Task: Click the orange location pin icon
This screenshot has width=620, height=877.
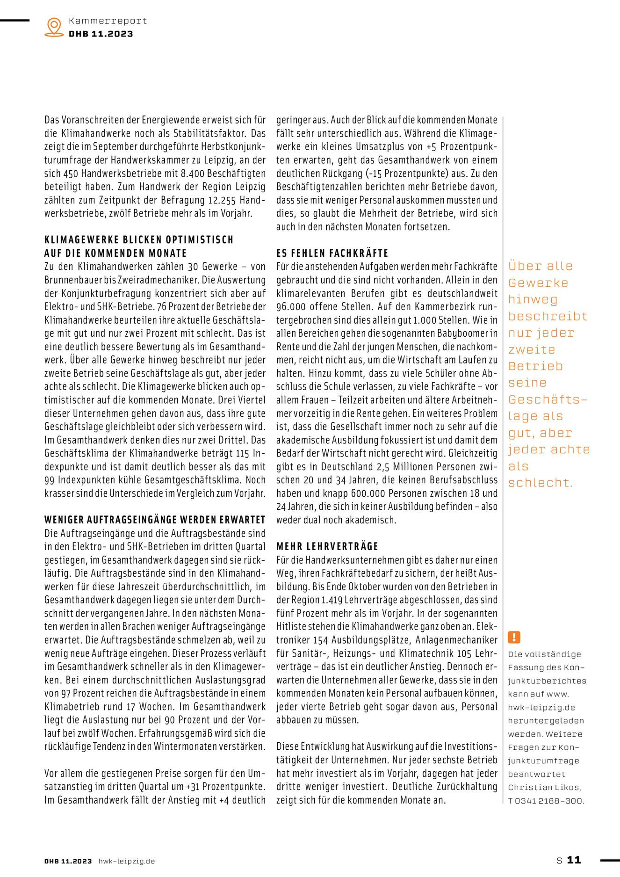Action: pyautogui.click(x=54, y=27)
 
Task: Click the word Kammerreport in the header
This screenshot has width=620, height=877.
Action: pyautogui.click(x=108, y=21)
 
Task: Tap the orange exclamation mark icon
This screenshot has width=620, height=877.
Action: pyautogui.click(x=514, y=637)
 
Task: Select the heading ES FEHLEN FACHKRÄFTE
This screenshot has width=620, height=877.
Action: pyautogui.click(x=332, y=253)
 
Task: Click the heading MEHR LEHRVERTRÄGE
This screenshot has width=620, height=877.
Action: pyautogui.click(x=327, y=546)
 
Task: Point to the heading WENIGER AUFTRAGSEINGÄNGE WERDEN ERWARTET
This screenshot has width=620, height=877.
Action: pyautogui.click(x=155, y=520)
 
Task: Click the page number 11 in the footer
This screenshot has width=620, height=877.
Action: pyautogui.click(x=574, y=860)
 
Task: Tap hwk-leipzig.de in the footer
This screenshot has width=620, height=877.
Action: pyautogui.click(x=126, y=861)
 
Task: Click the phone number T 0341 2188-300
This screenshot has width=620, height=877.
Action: pyautogui.click(x=546, y=801)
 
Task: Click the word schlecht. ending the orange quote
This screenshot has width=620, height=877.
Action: pyautogui.click(x=540, y=483)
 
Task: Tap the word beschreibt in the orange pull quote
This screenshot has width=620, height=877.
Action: pyautogui.click(x=548, y=316)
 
